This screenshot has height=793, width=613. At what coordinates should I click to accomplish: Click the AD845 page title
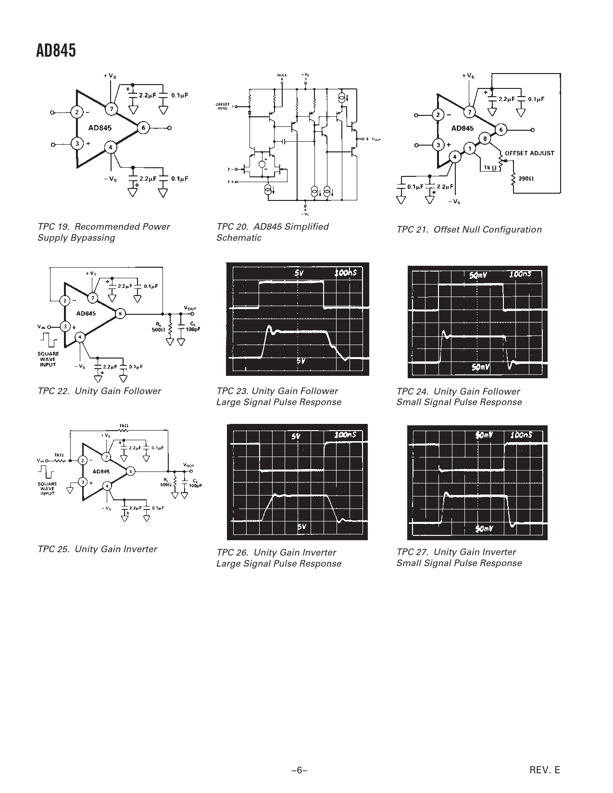click(x=56, y=50)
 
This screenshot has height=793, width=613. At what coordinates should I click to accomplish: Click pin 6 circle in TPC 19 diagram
click(x=143, y=128)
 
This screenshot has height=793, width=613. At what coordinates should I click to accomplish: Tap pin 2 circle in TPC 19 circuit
click(x=76, y=112)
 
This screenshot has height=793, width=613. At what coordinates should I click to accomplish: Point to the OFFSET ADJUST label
click(x=529, y=153)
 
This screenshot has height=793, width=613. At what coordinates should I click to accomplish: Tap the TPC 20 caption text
click(x=272, y=232)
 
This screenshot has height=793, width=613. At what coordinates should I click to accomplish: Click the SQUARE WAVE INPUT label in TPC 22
click(x=48, y=359)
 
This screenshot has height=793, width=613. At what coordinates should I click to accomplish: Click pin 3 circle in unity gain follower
click(x=64, y=326)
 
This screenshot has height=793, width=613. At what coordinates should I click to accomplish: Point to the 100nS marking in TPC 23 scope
click(x=346, y=273)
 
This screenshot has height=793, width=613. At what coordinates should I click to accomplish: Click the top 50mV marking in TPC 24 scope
click(x=478, y=275)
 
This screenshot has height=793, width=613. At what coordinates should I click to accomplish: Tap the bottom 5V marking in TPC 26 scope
click(x=301, y=527)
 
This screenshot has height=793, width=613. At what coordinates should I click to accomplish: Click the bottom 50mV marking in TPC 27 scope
click(x=482, y=529)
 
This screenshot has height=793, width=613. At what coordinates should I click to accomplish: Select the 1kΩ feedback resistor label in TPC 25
click(x=123, y=425)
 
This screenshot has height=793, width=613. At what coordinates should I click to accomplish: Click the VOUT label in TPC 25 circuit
click(x=188, y=465)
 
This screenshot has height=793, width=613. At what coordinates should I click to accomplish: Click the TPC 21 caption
click(x=469, y=230)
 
